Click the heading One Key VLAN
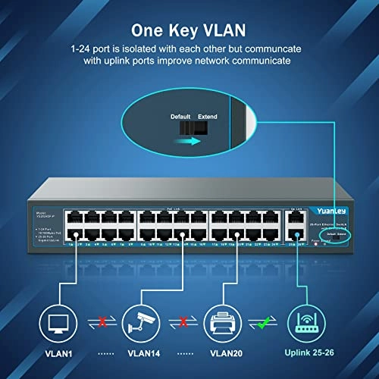coord(189,31)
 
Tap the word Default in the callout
coord(180,117)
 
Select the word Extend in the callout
coord(207,117)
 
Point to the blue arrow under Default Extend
coord(195,140)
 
